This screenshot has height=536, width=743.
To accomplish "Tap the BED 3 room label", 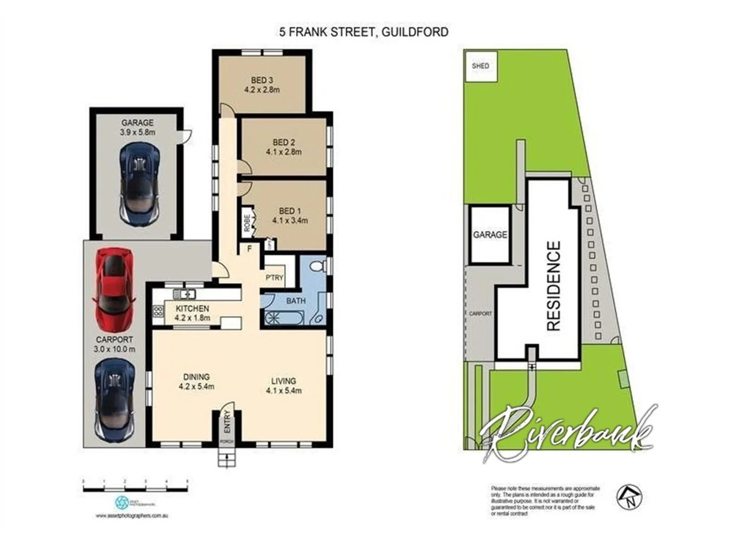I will (262, 80).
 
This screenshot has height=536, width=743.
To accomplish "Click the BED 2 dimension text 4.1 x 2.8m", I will (283, 152).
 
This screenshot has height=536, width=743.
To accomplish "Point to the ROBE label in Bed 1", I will (247, 222).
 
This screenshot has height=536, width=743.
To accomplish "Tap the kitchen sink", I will (184, 294).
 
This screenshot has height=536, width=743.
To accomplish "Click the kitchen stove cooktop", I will (158, 312).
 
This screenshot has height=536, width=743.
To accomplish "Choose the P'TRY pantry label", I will (274, 277).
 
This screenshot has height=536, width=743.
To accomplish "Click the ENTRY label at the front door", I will (227, 421).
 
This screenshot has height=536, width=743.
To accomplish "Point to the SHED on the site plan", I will (480, 66).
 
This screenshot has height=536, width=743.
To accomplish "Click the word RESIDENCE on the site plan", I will (553, 286).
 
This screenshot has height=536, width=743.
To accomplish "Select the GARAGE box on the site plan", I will (490, 234).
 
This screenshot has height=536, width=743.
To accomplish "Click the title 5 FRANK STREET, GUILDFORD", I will (363, 32).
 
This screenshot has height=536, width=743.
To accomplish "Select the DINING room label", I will (196, 377).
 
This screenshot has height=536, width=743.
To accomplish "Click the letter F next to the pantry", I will (250, 249).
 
